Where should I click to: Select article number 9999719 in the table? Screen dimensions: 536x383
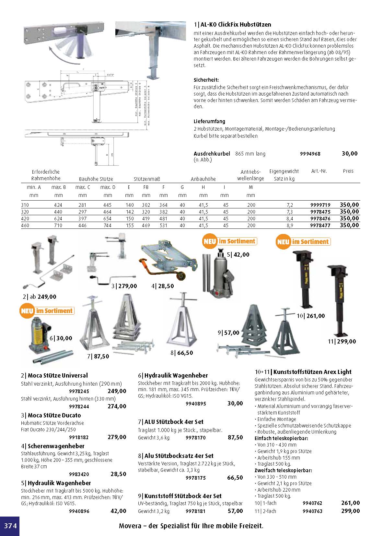tap(320, 205)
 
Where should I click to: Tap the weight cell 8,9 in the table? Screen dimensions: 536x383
tap(290, 226)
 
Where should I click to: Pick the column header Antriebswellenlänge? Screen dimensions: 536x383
tap(250, 175)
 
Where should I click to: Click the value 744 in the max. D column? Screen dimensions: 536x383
tap(108, 226)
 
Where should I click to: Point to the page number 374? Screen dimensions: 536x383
tap(10, 526)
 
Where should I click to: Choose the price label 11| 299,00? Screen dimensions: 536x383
tap(342, 341)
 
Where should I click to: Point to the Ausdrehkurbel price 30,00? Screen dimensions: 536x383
tap(349, 154)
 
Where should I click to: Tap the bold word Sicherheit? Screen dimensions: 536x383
tap(206, 80)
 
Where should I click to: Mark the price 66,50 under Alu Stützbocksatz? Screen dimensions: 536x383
tap(235, 478)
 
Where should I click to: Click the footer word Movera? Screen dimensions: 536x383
tap(130, 526)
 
